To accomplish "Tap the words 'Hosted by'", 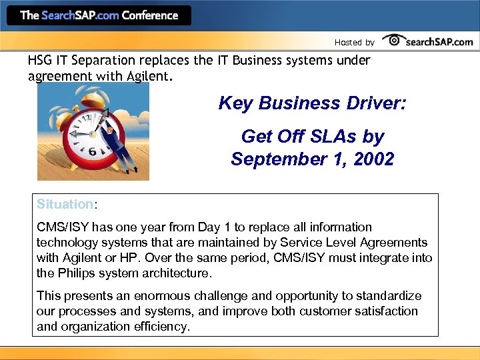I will click(x=354, y=43).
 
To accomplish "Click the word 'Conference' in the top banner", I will click(x=150, y=15).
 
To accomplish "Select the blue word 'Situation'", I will click(x=64, y=204).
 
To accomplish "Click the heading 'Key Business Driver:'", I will click(x=312, y=103).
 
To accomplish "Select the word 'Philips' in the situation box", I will click(x=79, y=273).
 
